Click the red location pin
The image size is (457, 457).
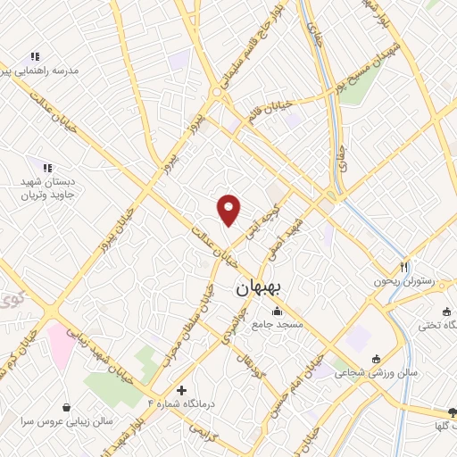(230, 209)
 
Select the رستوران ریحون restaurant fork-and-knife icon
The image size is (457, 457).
(404, 266)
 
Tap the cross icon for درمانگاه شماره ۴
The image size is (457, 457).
(182, 390)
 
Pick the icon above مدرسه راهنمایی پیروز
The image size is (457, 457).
(34, 57)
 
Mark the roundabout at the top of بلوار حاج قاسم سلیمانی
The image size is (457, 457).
(216, 92)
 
